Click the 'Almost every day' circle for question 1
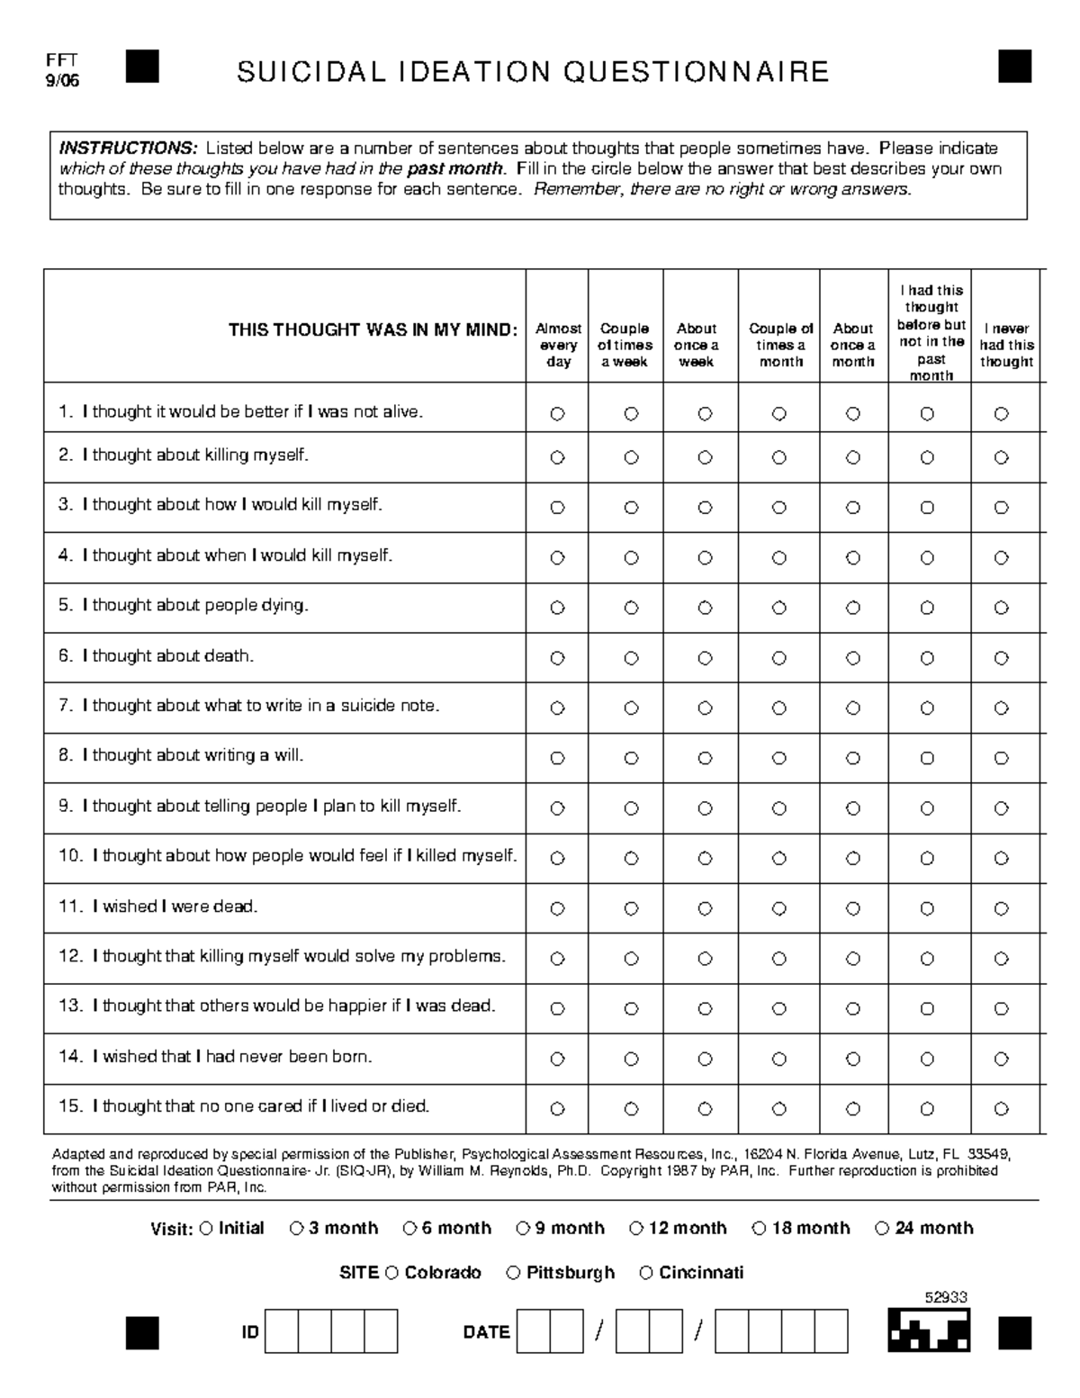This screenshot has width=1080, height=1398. pos(557,414)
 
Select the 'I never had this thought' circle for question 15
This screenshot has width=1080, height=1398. pos(1001,1109)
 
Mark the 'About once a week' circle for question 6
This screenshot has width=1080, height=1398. pos(705,658)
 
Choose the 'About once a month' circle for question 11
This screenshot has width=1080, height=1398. pos(853,909)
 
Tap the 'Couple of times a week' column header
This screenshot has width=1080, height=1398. pos(625,345)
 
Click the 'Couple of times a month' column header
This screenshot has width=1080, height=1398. pos(780,345)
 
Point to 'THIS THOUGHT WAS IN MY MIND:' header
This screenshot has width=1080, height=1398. pos(373,329)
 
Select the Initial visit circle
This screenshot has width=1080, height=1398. pos(206,1228)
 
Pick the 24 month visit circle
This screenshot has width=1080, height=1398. pos(881,1228)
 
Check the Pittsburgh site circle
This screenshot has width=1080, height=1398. pos(513,1273)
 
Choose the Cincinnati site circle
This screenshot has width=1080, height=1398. pos(645,1273)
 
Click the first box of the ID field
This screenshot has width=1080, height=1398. pos(282,1332)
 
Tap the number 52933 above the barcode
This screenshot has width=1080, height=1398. pos(946,1297)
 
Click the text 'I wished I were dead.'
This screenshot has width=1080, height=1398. pos(175,906)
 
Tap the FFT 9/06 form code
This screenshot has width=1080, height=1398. pos(63,70)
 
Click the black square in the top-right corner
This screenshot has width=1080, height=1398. pos(1014,67)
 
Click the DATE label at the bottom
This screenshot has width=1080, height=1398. pos(486,1332)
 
